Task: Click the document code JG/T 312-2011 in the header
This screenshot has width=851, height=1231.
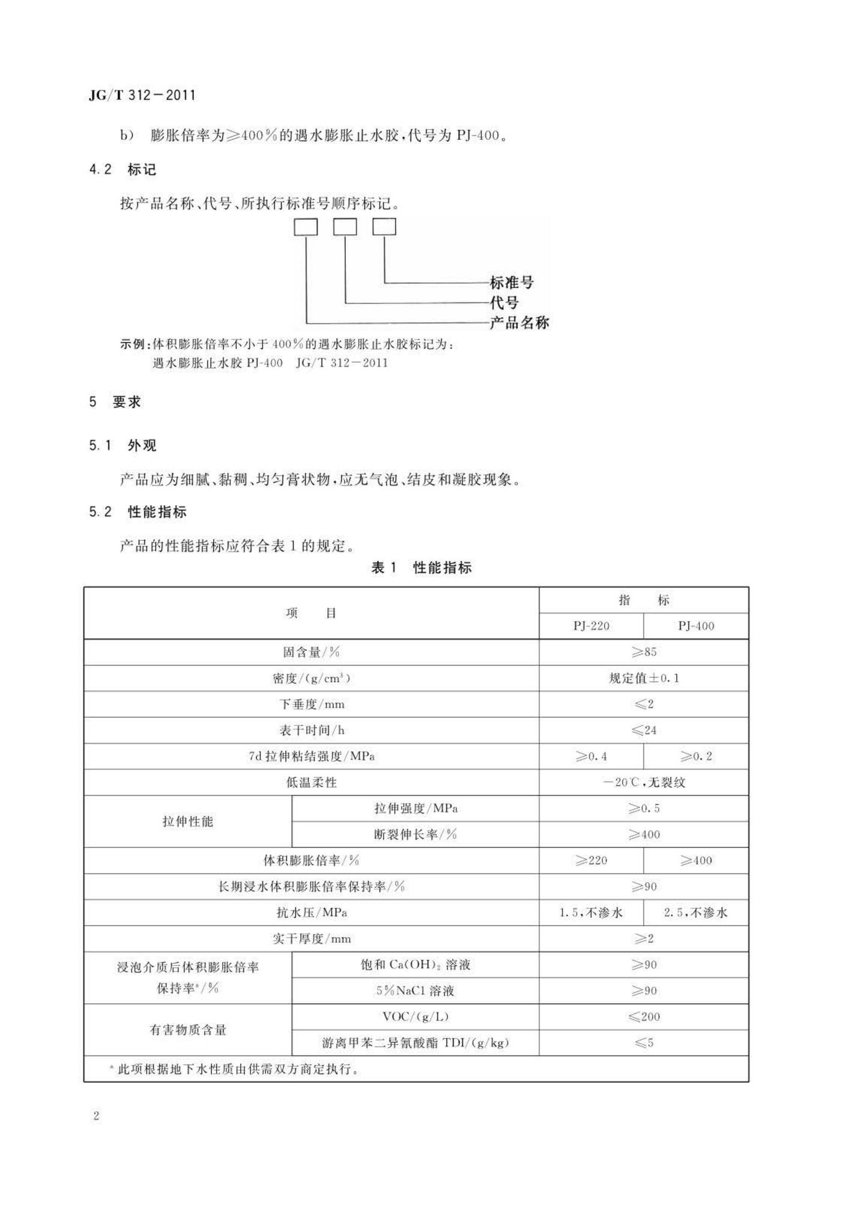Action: (142, 95)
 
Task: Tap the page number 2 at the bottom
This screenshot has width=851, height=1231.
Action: (96, 1116)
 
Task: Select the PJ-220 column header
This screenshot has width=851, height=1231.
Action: (591, 626)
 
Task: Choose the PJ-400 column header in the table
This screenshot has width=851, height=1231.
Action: (696, 626)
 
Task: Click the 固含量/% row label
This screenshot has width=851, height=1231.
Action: (311, 652)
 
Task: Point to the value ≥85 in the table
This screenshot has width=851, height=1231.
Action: (644, 652)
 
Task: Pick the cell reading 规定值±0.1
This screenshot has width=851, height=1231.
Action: (644, 678)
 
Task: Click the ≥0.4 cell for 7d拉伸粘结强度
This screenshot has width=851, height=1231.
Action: (591, 756)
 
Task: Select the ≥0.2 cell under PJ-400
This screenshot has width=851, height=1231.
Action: (696, 756)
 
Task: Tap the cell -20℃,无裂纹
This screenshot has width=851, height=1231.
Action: (644, 782)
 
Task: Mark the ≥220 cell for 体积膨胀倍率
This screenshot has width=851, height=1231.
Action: (591, 860)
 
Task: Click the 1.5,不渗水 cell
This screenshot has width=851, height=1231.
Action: (591, 912)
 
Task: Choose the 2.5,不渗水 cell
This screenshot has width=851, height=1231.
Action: (696, 912)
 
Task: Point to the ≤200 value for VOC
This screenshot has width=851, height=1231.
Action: (644, 1016)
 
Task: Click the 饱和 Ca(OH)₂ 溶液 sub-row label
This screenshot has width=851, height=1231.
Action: (415, 965)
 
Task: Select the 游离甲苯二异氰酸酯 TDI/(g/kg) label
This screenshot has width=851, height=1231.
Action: (415, 1043)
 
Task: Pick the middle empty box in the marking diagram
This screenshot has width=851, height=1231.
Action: (345, 227)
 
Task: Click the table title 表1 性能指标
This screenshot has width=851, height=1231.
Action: (422, 567)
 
